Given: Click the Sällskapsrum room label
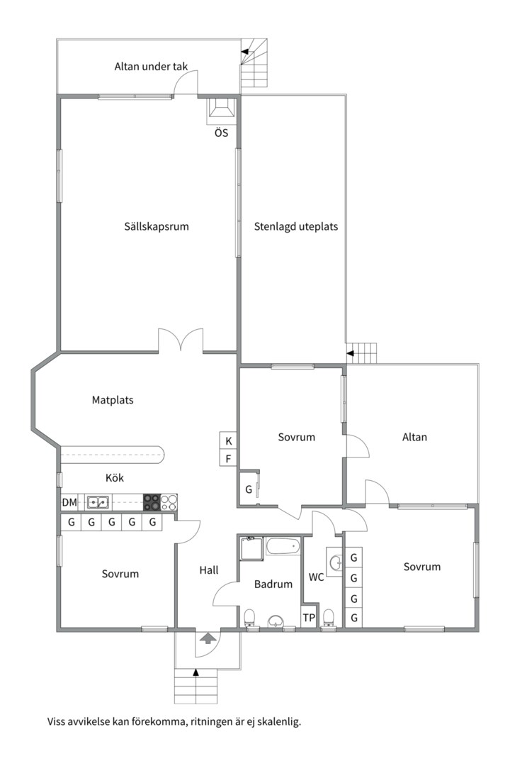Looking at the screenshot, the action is click(x=156, y=227).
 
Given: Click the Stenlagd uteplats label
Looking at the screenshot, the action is click(x=296, y=227).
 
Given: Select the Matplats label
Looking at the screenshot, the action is click(x=113, y=400).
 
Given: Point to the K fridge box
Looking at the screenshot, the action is click(x=228, y=440).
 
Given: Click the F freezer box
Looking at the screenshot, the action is click(x=228, y=458).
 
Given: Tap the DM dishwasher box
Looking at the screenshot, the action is click(x=69, y=502).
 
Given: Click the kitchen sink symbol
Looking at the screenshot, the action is click(x=98, y=502).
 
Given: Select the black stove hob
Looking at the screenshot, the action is click(x=152, y=502).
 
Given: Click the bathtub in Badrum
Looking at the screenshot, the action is click(x=283, y=545).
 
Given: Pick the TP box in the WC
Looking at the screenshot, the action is click(x=309, y=618).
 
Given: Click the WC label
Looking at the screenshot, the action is click(x=316, y=577).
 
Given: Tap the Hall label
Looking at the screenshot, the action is click(x=209, y=570).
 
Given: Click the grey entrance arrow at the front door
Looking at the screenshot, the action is click(x=208, y=638).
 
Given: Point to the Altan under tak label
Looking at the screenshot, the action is click(x=151, y=67).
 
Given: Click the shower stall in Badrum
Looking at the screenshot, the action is click(x=251, y=548).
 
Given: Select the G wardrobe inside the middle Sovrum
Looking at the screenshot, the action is click(x=249, y=489).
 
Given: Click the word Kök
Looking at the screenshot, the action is click(x=115, y=478).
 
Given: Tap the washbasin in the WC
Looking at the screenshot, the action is click(x=335, y=562).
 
